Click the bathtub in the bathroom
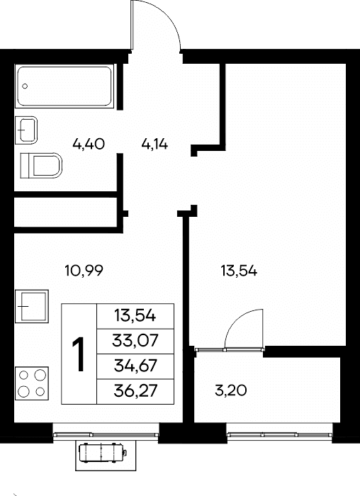(64, 86)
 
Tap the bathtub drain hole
(25, 86)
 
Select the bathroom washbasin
(26, 130)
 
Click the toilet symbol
(41, 165)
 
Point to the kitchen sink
(32, 306)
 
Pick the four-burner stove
(32, 383)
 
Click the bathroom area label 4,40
(89, 145)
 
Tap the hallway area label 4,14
(154, 145)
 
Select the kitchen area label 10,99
(84, 271)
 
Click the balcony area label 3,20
(230, 390)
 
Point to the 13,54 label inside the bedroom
(239, 271)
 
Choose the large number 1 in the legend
(79, 354)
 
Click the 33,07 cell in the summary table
(135, 341)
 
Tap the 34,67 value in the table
(135, 366)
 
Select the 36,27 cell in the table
(135, 391)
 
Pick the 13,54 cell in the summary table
(135, 316)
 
